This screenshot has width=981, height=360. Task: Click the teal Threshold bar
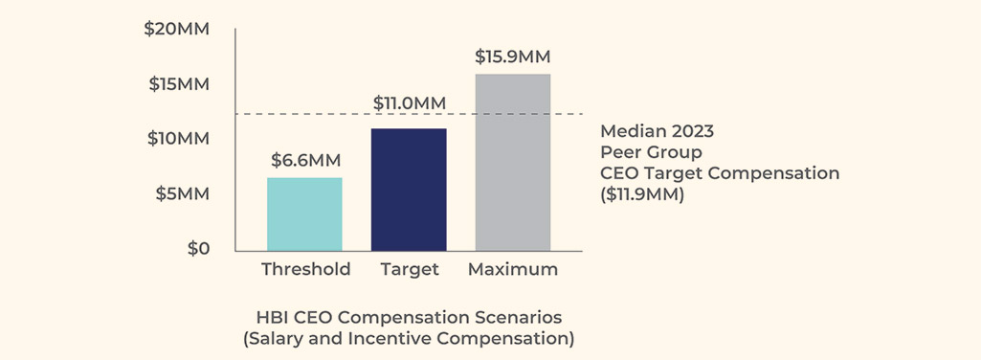[x=304, y=214]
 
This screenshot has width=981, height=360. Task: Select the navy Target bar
[x=409, y=189]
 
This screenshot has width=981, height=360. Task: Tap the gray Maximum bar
[x=513, y=162]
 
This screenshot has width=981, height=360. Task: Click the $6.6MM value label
[x=304, y=160]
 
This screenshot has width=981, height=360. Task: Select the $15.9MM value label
[x=513, y=56]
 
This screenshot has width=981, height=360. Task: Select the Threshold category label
[x=305, y=269]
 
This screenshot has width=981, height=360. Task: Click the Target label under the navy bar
[x=409, y=269]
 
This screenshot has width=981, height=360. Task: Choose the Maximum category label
[x=513, y=269]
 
